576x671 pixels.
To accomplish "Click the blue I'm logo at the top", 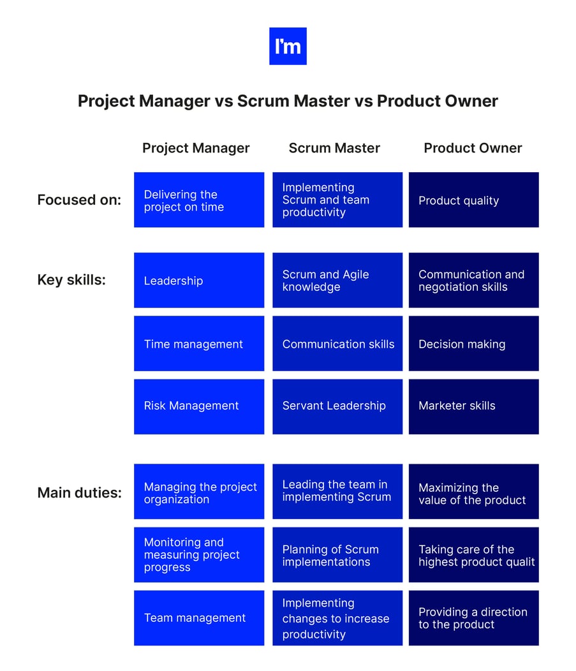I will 288,46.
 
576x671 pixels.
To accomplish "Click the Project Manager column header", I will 196,148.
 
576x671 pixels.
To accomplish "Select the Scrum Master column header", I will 334,148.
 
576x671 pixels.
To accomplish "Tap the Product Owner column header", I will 473,148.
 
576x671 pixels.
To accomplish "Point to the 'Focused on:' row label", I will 79,200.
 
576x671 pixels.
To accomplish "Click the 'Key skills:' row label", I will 71,280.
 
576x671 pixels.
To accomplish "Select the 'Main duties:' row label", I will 79,492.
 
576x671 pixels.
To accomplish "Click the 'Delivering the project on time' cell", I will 199,200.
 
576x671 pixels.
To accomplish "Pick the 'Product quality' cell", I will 473,200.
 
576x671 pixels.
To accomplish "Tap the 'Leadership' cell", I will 199,280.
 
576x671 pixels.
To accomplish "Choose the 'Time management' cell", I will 199,344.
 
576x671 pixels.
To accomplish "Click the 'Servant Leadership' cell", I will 337,406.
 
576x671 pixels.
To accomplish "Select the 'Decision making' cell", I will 473,344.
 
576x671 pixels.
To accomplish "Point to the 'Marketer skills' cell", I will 473,406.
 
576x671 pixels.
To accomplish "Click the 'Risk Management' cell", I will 199,406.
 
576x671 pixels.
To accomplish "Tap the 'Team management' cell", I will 199,617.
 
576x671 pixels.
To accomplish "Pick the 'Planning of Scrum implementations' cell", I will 337,555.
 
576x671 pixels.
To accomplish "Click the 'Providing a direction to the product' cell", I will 473,617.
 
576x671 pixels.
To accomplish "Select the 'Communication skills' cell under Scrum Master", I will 337,344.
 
